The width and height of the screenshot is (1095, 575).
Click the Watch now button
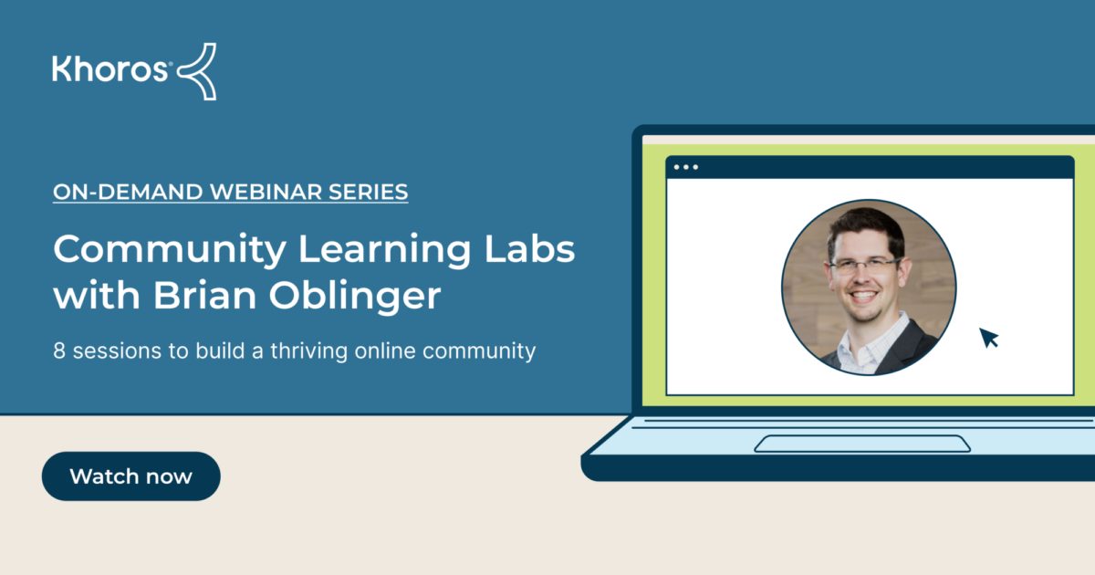pyautogui.click(x=130, y=476)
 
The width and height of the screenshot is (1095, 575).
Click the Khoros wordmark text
pyautogui.click(x=109, y=69)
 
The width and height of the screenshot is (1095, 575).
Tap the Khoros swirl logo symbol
pyautogui.click(x=197, y=70)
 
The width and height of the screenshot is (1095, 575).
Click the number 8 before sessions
pyautogui.click(x=59, y=350)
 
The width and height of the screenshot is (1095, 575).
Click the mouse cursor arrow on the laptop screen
pyautogui.click(x=988, y=338)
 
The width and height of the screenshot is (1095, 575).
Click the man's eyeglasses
pyautogui.click(x=863, y=267)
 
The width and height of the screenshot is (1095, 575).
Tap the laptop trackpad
pyautogui.click(x=862, y=444)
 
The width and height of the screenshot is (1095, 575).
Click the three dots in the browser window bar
pyautogui.click(x=685, y=167)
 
